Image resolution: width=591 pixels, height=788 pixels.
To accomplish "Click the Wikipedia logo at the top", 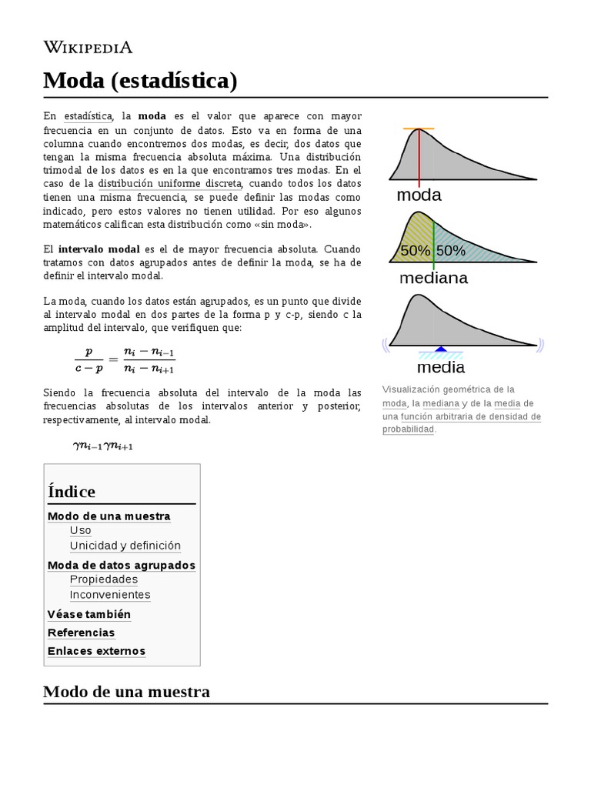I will (x=88, y=48).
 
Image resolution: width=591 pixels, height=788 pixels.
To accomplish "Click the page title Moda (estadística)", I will (x=140, y=80).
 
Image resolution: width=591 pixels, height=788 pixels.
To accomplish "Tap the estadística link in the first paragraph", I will (x=88, y=116).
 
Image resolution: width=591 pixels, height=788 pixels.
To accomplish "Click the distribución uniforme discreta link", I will (x=170, y=183).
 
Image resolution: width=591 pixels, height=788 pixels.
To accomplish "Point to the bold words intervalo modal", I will (x=98, y=249).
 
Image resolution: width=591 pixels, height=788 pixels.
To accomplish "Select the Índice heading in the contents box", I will (x=72, y=492).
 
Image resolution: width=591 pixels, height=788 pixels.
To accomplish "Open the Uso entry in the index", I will (x=80, y=530).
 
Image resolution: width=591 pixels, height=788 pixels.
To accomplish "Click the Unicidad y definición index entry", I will (x=125, y=546).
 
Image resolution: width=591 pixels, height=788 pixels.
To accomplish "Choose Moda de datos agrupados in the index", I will (x=122, y=565).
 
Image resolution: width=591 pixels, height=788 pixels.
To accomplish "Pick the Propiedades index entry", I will (x=103, y=579).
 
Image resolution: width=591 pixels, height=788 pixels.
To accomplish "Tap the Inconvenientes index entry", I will (x=110, y=595).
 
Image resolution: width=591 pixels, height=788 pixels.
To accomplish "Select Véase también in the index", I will (x=89, y=614).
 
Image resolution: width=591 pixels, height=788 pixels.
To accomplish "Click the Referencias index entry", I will (x=81, y=633).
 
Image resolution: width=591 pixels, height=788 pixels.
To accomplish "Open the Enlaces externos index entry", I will (x=96, y=651).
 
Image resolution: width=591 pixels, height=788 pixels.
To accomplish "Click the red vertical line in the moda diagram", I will (x=419, y=158).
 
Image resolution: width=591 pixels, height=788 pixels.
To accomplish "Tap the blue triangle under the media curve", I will (x=440, y=349).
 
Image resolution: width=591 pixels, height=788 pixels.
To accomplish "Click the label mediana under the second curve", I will (x=433, y=279).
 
